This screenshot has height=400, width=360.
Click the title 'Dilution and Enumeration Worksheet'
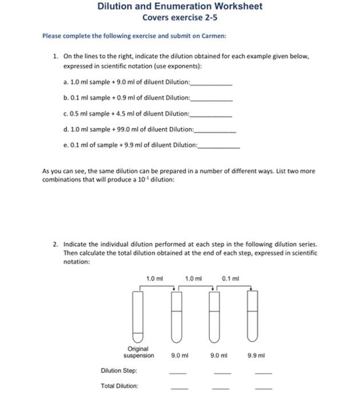[x=180, y=6]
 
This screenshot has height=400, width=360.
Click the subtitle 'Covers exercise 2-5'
[x=180, y=18]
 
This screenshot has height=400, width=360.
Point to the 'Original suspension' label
[x=139, y=352]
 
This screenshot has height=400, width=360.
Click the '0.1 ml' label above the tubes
[x=230, y=278]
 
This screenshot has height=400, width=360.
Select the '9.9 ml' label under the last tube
[x=257, y=355]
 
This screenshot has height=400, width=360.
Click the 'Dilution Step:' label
[x=119, y=371]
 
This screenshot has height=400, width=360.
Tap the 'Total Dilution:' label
[x=119, y=386]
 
